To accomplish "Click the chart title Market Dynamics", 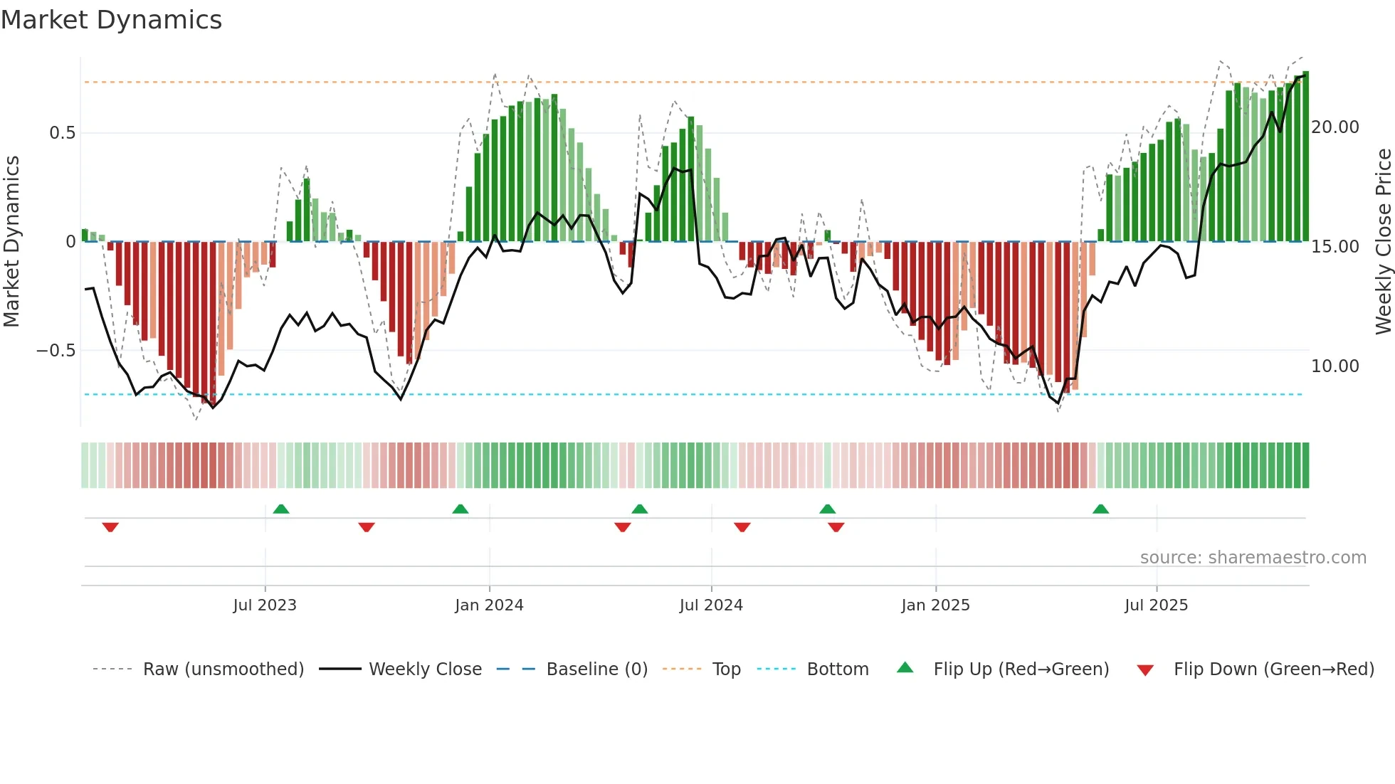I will pos(111,20).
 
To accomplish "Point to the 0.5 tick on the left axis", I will pos(62,133).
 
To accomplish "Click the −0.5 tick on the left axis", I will pos(56,351).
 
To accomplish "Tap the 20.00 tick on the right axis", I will pos(1335,127).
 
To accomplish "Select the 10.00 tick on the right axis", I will pos(1335,366).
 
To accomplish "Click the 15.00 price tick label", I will pos(1335,247).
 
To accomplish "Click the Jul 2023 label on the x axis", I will pos(265,605).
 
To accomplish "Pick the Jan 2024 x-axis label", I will pos(489,605).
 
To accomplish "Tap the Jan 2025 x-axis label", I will pos(935,605).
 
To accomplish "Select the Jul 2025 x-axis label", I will pos(1156,605).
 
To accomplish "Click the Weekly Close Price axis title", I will pos(1383,242).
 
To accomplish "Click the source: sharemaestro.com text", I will pos(1253,558).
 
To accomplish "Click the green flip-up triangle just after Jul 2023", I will pos(281,509).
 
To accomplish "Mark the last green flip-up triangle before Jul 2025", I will pos(1100,509).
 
